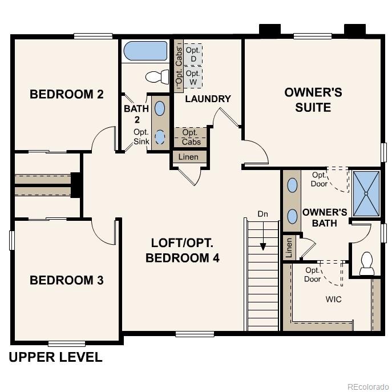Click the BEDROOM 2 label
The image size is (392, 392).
tap(66, 94)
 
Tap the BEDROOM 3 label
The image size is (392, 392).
tap(66, 280)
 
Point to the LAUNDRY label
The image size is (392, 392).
tap(208, 99)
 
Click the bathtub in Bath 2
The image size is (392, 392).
tap(144, 51)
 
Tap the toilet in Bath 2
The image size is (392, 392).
tap(157, 76)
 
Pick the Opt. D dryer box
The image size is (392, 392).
tap(193, 54)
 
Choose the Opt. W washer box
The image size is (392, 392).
tap(193, 77)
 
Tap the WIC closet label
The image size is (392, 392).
tap(333, 299)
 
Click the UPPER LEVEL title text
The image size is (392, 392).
tap(55, 358)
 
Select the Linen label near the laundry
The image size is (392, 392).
tap(188, 157)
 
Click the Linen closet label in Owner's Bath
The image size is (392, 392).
tap(289, 248)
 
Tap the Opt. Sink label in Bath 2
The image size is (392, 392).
tap(140, 136)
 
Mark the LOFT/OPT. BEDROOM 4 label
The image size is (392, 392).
tap(183, 250)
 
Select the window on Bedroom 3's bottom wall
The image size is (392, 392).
tap(66, 343)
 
